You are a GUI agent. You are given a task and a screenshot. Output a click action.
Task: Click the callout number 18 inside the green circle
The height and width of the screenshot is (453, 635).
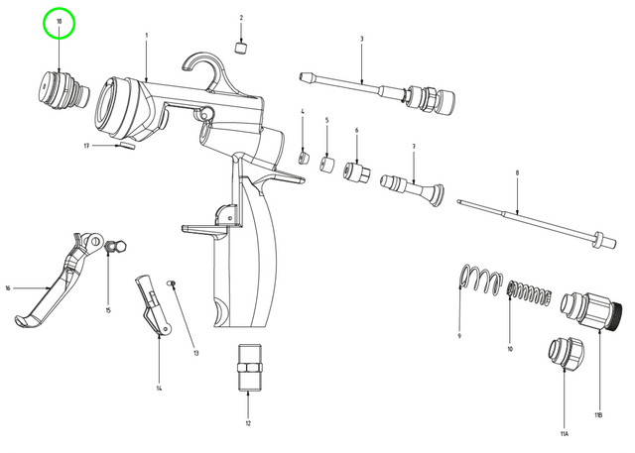pyautogui.click(x=60, y=21)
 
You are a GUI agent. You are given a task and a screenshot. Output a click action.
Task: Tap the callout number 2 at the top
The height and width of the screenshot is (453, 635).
pyautogui.click(x=241, y=18)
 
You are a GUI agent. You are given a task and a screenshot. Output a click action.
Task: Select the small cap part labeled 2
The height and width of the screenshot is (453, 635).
pyautogui.click(x=241, y=46)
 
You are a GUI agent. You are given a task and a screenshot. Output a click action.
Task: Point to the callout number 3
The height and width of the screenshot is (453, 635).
pyautogui.click(x=361, y=39)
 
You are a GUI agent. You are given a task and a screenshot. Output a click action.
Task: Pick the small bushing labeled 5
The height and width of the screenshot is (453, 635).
pyautogui.click(x=326, y=163)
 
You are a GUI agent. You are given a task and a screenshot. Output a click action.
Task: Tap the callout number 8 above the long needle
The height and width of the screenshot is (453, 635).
pyautogui.click(x=517, y=172)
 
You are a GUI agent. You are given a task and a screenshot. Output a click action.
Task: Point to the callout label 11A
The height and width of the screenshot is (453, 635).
pyautogui.click(x=564, y=433)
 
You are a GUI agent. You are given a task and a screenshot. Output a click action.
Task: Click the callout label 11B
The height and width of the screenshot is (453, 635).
pyautogui.click(x=598, y=413)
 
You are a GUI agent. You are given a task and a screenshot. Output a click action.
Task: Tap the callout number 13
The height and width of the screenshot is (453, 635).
pyautogui.click(x=195, y=353)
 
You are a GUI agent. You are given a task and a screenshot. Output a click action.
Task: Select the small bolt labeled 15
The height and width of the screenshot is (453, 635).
pyautogui.click(x=111, y=247)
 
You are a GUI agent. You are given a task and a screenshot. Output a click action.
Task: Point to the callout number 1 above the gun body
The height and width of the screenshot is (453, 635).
pyautogui.click(x=146, y=36)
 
